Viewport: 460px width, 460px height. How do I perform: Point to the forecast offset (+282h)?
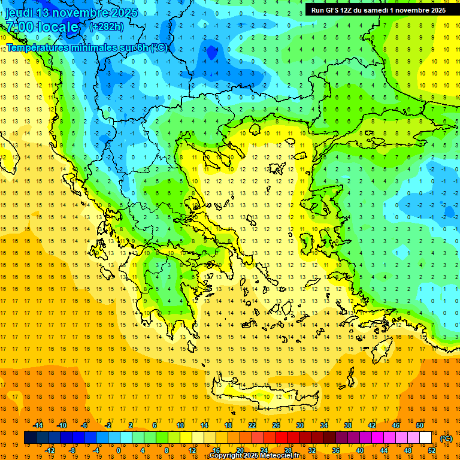107,27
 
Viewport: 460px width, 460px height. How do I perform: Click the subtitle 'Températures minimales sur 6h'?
78,48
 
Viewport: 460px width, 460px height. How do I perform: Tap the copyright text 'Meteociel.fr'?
278,456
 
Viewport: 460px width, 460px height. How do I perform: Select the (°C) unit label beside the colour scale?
446,438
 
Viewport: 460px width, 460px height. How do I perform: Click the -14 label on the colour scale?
39,425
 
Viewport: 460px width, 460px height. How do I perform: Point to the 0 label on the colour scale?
118,450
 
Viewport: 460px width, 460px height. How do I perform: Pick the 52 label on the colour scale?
432,450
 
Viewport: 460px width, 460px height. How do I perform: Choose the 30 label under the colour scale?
299,425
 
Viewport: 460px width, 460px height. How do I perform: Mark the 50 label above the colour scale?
419,425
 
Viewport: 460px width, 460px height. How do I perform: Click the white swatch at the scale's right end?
425,438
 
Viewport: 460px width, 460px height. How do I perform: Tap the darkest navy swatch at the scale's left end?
30,438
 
